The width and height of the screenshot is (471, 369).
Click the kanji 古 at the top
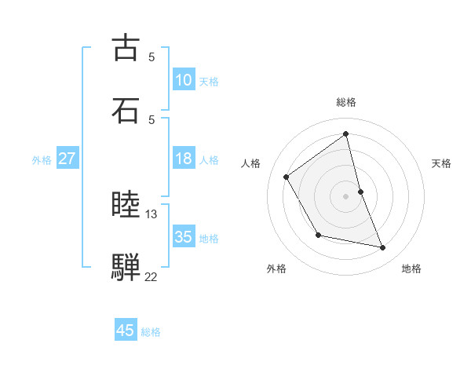tap(126, 48)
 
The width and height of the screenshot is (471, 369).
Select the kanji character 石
tap(126, 111)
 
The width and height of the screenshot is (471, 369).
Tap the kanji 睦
tap(126, 206)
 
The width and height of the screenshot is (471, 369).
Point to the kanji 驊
tap(126, 268)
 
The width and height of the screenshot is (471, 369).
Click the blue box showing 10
tap(184, 80)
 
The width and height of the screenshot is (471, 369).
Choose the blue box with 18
tap(184, 159)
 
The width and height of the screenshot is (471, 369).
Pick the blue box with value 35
tap(184, 237)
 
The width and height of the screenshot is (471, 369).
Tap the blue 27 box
tap(67, 159)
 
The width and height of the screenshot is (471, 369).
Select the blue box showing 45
tap(126, 331)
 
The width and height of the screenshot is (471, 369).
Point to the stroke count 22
tap(152, 276)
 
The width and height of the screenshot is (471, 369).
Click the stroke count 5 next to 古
tap(152, 57)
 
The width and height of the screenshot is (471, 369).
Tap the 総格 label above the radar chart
tap(346, 102)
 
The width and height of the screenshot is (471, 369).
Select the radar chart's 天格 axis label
tap(442, 163)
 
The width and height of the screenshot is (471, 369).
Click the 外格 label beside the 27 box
tap(42, 159)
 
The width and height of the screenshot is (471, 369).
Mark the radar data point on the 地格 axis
tap(383, 248)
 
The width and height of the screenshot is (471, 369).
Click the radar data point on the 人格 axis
tap(287, 177)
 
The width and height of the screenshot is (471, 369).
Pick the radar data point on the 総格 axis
tap(346, 134)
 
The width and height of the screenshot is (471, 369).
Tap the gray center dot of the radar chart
tap(346, 195)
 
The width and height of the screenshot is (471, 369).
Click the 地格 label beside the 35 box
tap(209, 238)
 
